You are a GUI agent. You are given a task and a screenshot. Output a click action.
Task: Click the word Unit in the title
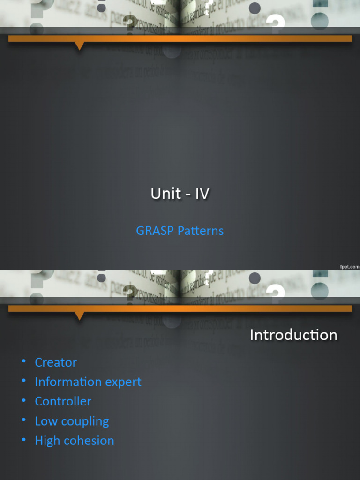(x=166, y=193)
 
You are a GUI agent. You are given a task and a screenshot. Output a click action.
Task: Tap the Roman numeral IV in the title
(x=202, y=193)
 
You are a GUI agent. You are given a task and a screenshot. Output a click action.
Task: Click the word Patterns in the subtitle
(x=199, y=231)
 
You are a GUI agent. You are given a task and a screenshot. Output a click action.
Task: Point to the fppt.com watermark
(x=349, y=266)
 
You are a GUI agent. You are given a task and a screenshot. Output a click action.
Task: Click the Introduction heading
(x=293, y=335)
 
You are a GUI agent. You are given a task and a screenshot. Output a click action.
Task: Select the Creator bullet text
(x=56, y=362)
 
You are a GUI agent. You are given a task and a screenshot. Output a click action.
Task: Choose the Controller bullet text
(x=63, y=401)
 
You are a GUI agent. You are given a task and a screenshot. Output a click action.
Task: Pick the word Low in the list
(x=46, y=421)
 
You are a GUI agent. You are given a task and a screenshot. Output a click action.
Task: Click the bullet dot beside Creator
(x=23, y=361)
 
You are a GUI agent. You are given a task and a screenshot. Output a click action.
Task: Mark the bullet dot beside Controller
(x=23, y=400)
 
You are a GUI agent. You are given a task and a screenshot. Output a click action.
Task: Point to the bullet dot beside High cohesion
(x=23, y=440)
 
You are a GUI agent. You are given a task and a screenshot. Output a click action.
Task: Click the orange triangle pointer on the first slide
(x=79, y=45)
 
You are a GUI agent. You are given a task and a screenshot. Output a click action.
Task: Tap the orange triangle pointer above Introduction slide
(x=79, y=315)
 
